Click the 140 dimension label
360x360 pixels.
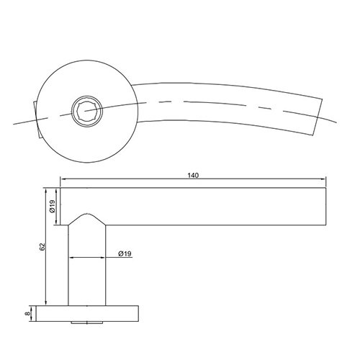tap(193, 176)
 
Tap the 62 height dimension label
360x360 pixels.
tap(42, 247)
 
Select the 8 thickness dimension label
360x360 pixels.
tap(28, 313)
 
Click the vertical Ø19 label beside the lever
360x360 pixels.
tap(52, 206)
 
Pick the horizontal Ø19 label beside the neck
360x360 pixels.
tap(125, 253)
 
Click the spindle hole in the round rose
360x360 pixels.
tap(87, 111)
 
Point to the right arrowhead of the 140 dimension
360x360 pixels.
tap(323, 179)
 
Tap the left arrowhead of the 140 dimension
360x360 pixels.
tap(63, 179)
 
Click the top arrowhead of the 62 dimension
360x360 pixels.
tap(46, 191)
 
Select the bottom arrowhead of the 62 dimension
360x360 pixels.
tap(46, 302)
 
